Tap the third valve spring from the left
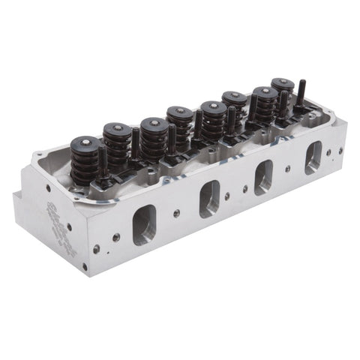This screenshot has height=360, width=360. click(x=153, y=139)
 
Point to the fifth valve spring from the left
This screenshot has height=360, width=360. click(x=213, y=120)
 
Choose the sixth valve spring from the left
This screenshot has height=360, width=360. click(x=234, y=107)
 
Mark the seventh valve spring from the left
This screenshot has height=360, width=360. click(x=264, y=104)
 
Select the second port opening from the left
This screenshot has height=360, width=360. click(x=210, y=198)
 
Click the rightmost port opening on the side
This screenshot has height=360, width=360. click(x=313, y=157)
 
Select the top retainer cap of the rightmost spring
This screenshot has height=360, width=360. click(x=283, y=82)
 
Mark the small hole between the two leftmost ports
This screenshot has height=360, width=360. click(x=177, y=213)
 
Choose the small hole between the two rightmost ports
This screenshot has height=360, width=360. click(x=289, y=169)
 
